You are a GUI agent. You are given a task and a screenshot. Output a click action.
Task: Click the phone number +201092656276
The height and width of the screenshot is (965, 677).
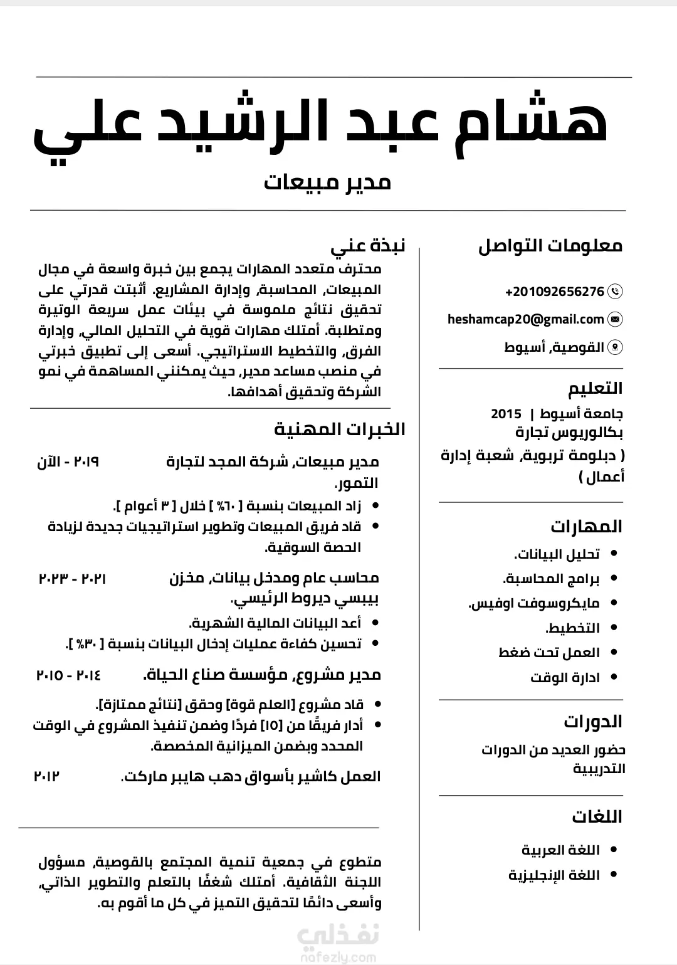click(555, 292)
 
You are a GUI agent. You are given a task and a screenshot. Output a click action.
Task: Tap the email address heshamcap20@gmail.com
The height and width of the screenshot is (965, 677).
click(525, 319)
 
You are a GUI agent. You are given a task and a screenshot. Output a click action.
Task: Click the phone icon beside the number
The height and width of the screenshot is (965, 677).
click(616, 292)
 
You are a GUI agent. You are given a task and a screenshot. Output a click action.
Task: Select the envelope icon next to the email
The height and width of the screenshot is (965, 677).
click(616, 319)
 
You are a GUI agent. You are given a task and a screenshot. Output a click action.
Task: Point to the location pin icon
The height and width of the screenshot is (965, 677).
click(616, 347)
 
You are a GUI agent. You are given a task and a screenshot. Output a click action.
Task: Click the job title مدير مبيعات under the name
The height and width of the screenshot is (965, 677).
click(327, 182)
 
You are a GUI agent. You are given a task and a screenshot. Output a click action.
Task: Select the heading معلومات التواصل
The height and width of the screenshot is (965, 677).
click(550, 246)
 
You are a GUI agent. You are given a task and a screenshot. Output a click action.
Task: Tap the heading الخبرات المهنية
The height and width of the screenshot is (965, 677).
click(340, 430)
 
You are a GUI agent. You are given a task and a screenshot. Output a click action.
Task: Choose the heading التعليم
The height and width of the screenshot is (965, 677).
click(595, 388)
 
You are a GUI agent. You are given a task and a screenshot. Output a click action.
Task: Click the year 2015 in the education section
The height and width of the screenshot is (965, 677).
click(506, 414)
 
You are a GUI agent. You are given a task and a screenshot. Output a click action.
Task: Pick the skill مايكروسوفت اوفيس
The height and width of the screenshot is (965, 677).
click(534, 603)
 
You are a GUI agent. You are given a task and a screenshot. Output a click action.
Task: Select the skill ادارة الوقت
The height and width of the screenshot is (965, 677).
click(565, 678)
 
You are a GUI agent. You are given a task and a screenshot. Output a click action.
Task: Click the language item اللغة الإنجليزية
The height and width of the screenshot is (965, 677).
click(554, 875)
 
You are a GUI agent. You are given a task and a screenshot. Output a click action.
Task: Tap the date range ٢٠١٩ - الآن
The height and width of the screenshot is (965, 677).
click(68, 462)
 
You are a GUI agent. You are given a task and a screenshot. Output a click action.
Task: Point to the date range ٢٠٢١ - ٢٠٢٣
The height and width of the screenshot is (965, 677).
click(73, 578)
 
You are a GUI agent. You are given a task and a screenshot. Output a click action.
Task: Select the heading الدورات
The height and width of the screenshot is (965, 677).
click(592, 721)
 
